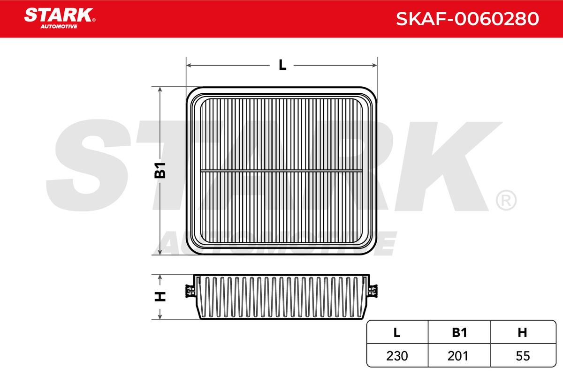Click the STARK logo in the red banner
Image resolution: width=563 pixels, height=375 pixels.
pyautogui.click(x=59, y=15)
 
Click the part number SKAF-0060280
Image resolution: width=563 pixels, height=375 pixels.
pyautogui.click(x=467, y=19)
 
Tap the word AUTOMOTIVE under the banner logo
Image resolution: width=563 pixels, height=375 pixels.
pyautogui.click(x=59, y=27)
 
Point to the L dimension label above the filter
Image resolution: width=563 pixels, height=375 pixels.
pyautogui.click(x=282, y=65)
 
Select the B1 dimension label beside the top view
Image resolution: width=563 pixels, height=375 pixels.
pyautogui.click(x=160, y=170)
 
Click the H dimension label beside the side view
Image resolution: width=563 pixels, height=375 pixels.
pyautogui.click(x=160, y=297)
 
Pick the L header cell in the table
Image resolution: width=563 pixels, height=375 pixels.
pyautogui.click(x=396, y=332)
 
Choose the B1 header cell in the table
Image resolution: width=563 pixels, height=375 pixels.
pyautogui.click(x=459, y=332)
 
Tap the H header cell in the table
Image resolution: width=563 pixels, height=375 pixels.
pyautogui.click(x=522, y=332)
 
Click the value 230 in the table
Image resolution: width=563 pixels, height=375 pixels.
pyautogui.click(x=397, y=356)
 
